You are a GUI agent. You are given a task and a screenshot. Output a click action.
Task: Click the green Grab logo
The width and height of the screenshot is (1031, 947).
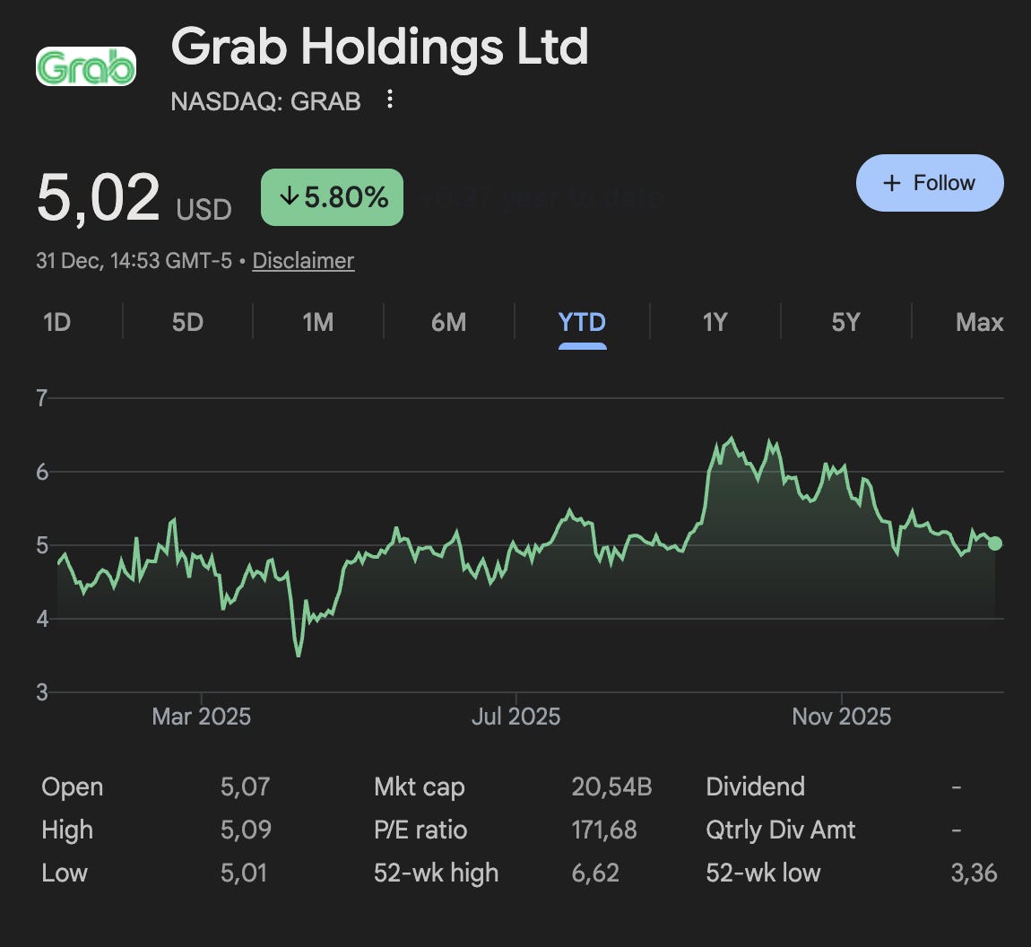click(x=85, y=67)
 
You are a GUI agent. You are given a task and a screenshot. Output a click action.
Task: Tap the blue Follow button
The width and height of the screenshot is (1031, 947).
click(x=930, y=183)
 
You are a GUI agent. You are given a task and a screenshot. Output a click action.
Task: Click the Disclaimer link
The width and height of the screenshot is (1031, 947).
click(x=303, y=261)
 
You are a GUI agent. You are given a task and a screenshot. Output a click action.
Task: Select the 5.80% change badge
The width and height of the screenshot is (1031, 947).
click(x=332, y=197)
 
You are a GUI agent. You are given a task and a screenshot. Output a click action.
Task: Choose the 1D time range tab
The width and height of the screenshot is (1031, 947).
click(x=56, y=322)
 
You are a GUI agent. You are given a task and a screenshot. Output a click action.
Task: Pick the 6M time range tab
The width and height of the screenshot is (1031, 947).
click(x=448, y=322)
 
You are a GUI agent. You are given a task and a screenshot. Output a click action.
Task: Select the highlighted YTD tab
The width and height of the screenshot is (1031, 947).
click(x=582, y=322)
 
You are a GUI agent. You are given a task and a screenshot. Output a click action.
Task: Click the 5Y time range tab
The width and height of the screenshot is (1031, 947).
click(x=845, y=322)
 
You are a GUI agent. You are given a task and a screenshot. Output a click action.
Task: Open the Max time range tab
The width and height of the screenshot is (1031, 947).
click(x=979, y=322)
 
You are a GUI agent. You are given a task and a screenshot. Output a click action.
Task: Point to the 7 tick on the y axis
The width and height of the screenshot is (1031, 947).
click(x=41, y=398)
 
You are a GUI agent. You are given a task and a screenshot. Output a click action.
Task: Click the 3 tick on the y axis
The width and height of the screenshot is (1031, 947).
click(x=41, y=692)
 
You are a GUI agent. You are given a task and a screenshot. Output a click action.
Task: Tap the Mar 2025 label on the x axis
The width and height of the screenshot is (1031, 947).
click(x=201, y=717)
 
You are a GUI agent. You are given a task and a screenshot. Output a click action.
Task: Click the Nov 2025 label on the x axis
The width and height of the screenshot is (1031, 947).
click(x=841, y=717)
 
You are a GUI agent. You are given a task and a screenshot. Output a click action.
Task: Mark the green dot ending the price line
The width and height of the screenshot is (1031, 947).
click(x=995, y=543)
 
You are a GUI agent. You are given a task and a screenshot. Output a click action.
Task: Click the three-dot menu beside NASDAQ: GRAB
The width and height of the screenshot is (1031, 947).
click(x=389, y=100)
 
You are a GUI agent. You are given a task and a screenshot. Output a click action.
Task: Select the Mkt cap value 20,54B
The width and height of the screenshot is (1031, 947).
click(x=611, y=787)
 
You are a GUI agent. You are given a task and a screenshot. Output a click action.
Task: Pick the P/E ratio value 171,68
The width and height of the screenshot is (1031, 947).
click(x=603, y=830)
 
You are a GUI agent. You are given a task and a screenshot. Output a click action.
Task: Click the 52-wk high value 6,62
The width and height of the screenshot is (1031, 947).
click(x=594, y=873)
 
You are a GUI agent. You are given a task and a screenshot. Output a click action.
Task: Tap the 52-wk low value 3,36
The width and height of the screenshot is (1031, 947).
click(x=974, y=873)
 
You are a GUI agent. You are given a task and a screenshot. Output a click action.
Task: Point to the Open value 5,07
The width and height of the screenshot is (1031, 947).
click(x=245, y=787)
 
